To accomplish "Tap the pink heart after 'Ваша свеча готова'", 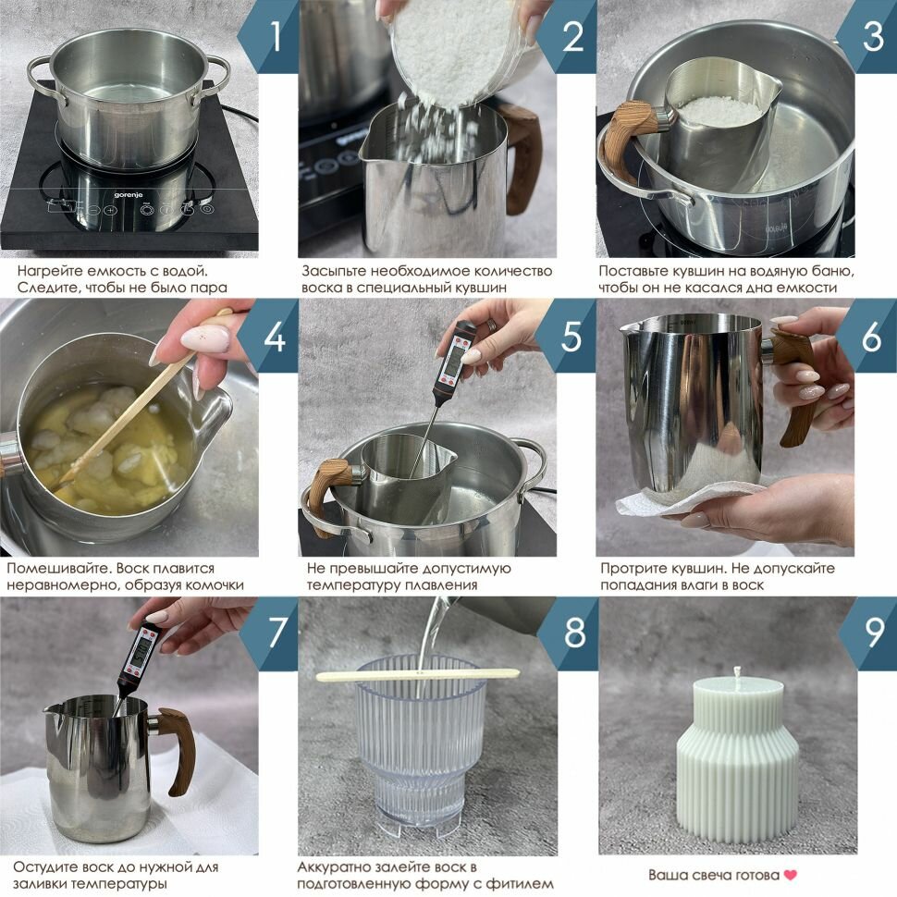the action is [790, 875].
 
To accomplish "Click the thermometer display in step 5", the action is [453, 358].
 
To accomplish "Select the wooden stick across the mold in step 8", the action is [418, 676].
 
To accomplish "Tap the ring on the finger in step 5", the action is [491, 325].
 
